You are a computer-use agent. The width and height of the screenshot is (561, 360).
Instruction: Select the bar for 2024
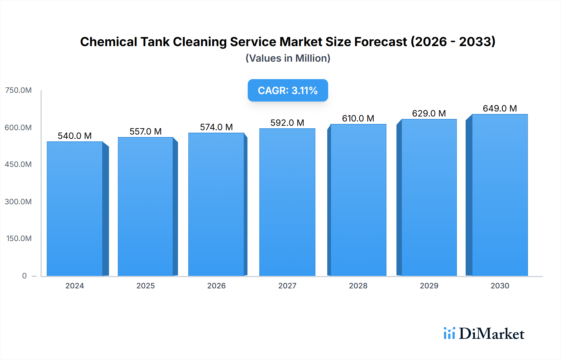pos(75,209)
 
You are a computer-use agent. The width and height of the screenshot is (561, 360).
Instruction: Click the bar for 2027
pos(287,202)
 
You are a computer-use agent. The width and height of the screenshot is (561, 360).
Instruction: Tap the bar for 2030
pos(500,195)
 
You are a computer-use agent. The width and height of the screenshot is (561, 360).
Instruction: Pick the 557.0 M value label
pos(146,131)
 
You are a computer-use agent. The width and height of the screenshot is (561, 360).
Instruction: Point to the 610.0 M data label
pos(358,118)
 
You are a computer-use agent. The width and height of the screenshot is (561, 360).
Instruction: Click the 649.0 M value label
pos(500,108)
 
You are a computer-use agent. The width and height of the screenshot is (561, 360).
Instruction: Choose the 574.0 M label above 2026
pos(216,127)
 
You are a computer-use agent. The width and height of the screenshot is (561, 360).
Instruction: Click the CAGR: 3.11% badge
pos(288,90)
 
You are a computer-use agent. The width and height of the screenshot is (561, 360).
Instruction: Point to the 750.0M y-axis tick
pos(18,90)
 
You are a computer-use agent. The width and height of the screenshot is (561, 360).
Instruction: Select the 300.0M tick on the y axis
pos(18,201)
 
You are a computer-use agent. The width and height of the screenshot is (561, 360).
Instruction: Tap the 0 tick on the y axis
pos(24,276)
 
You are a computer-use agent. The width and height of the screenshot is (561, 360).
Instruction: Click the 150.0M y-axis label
pos(19,239)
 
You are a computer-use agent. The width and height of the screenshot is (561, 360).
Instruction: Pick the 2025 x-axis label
pos(146,286)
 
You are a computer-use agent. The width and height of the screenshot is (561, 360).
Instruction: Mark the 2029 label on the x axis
pos(429,286)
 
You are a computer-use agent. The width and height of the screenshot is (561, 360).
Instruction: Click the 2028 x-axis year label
pos(358,286)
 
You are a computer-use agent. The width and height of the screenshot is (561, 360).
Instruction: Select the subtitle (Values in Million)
pos(288,58)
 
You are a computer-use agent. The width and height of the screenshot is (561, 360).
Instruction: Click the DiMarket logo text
pos(491,334)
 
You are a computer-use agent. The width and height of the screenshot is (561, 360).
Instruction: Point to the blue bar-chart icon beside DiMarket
pos(449,333)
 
